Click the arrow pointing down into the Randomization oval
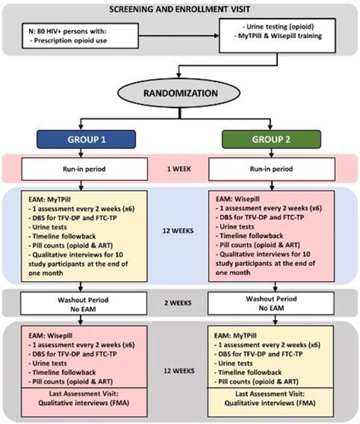click(x=179, y=74)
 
